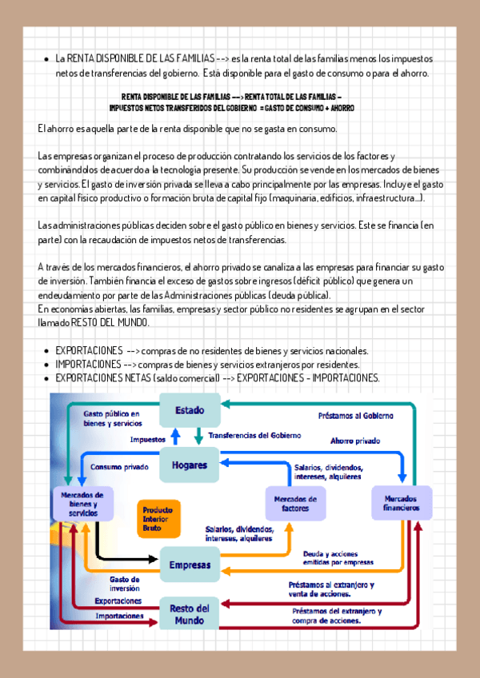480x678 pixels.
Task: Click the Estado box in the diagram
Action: [x=190, y=411]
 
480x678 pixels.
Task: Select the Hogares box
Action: [x=189, y=465]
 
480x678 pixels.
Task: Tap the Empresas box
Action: [x=190, y=565]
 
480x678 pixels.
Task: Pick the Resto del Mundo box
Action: [x=190, y=613]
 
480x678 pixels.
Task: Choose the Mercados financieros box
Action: [x=401, y=503]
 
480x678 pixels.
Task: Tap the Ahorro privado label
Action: [x=356, y=441]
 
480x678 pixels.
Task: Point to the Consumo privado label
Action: [x=119, y=467]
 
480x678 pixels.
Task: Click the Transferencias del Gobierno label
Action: [x=254, y=435]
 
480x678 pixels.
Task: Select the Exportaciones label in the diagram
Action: [x=118, y=600]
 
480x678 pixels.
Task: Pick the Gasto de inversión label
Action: [x=125, y=583]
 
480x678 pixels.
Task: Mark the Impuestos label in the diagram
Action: [x=148, y=440]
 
